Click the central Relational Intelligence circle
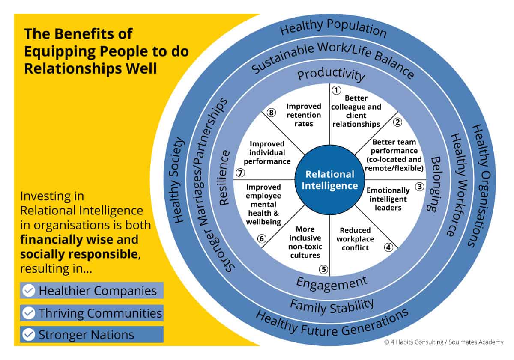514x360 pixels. pos(329,180)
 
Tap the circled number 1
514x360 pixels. pos(336,90)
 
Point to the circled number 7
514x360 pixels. pos(240,173)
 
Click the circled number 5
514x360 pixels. pos(323,269)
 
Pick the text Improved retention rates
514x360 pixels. pos(304,115)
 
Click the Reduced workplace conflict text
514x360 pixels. pos(355,239)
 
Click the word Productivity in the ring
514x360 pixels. pos(331,75)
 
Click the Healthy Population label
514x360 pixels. pos(333,30)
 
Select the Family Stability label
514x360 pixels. pos(332,306)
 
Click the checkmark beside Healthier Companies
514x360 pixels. pos(28,291)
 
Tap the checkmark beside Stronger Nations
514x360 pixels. pos(28,335)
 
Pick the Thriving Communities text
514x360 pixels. pos(100,313)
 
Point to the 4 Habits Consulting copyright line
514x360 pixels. pos(444,342)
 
